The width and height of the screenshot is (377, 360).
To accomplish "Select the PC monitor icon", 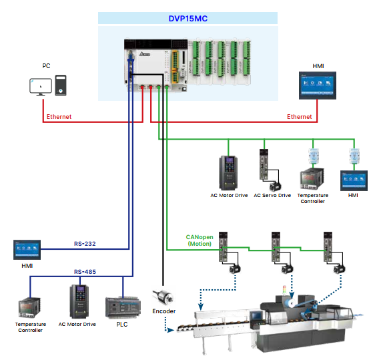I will [39, 85].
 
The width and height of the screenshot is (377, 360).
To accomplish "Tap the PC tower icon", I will [60, 84].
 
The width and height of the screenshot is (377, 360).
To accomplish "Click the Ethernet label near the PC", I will [59, 117].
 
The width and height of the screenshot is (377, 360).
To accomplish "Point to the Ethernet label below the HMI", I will [300, 117].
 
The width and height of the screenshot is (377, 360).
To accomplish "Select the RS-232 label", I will [85, 244].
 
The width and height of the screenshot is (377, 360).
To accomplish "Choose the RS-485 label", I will [85, 272].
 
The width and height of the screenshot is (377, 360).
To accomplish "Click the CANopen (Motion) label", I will [199, 240].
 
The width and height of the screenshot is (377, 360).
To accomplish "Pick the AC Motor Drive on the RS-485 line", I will [79, 301].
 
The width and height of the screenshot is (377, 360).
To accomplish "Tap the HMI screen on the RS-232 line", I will [27, 250].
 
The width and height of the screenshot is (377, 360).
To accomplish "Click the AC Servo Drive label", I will [272, 196].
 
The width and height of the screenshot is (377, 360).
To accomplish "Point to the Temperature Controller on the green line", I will [312, 179].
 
